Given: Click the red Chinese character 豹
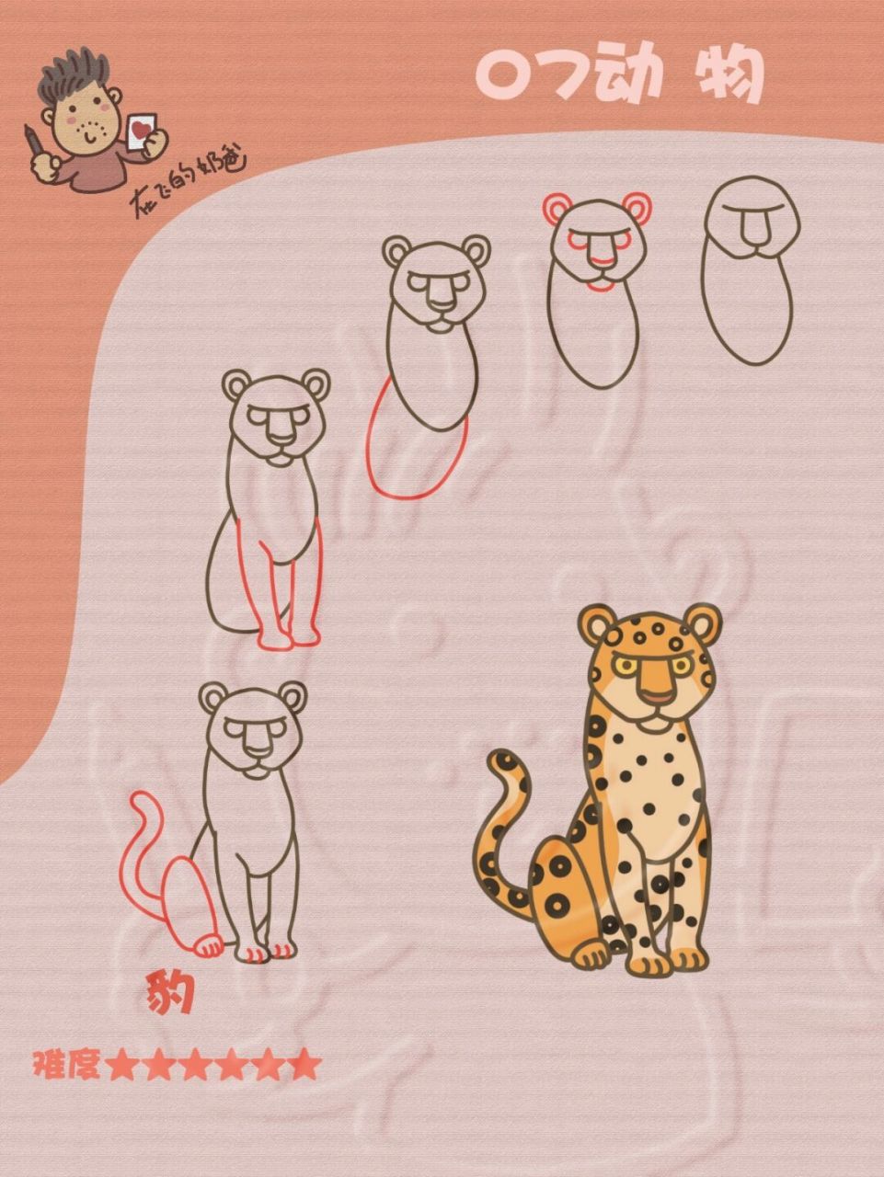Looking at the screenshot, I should [x=169, y=994].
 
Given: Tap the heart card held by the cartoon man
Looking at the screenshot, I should [x=141, y=129].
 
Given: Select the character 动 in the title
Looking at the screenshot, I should [x=630, y=76].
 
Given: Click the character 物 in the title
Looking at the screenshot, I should [x=727, y=76].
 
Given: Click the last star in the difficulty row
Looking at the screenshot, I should [x=305, y=1066].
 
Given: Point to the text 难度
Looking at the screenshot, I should [x=66, y=1066].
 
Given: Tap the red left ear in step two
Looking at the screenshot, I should [x=556, y=209].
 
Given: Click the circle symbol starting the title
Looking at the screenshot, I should [x=502, y=76].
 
